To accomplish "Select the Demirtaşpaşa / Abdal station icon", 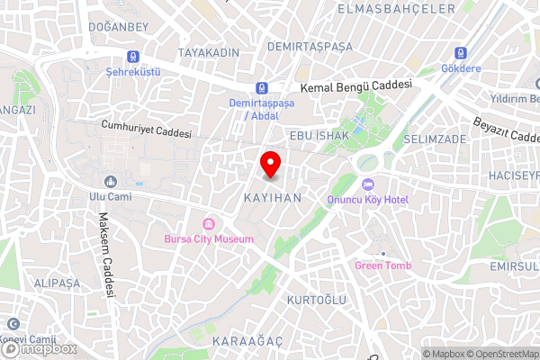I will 262,88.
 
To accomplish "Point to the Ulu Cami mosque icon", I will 110,181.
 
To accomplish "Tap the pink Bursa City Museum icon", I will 208,223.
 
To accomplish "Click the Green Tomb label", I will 382,265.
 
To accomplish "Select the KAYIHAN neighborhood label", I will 271,195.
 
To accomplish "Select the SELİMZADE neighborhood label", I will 435,140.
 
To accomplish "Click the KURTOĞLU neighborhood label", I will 315,299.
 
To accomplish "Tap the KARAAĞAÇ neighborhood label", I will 247,342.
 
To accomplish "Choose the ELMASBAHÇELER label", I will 396,8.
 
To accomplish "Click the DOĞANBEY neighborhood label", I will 119,27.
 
